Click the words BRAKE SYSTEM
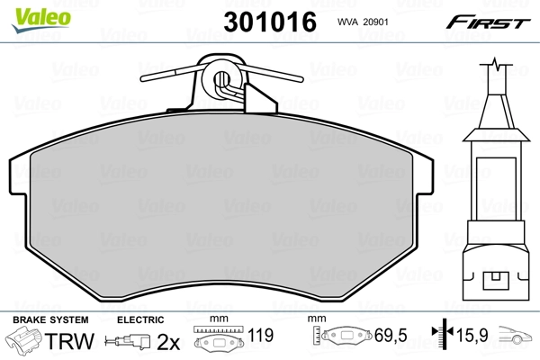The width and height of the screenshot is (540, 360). [x=49, y=320]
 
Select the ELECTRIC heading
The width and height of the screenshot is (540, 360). [x=139, y=320]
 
